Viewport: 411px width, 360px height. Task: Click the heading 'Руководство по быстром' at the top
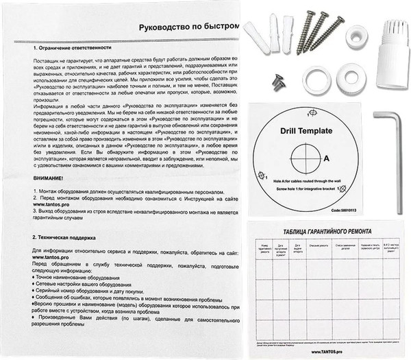[188, 27]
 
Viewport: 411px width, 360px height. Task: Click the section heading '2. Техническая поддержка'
[65, 237]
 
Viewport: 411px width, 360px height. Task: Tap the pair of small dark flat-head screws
[278, 82]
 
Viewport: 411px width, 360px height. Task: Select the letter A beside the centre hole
[334, 157]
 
